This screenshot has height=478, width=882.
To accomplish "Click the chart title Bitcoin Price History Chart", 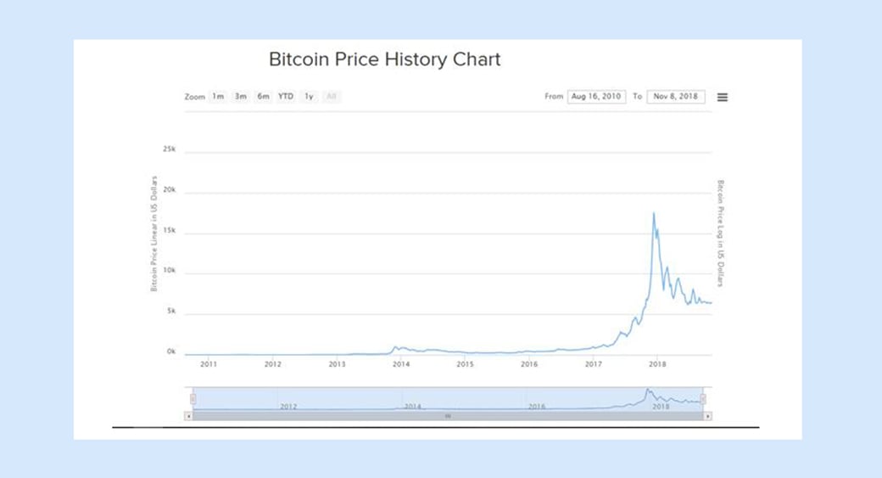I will (384, 60).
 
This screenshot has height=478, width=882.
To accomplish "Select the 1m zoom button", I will (218, 97).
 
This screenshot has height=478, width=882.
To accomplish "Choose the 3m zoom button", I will (241, 97).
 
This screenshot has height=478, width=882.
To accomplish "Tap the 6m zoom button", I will (264, 97).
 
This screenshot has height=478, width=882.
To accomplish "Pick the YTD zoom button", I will (286, 97).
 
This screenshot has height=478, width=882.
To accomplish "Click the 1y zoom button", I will (310, 97).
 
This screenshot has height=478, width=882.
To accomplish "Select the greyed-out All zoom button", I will (332, 97).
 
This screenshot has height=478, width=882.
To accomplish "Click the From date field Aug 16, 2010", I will (595, 97).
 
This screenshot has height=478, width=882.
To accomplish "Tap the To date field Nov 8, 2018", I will (676, 97).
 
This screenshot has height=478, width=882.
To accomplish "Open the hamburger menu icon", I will (723, 97).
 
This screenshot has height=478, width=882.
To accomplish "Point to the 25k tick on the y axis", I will (169, 149).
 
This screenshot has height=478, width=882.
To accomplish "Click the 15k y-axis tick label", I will (169, 231).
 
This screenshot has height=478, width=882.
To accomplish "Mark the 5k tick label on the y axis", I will (170, 312).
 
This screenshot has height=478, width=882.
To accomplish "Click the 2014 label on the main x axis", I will (401, 364).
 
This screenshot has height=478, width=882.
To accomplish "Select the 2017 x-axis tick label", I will (593, 364).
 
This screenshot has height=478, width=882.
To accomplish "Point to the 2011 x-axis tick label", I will (209, 364).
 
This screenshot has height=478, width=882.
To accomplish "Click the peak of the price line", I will (653, 213).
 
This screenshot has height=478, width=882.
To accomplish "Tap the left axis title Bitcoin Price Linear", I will (154, 235).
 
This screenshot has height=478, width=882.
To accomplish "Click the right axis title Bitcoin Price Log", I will (721, 233).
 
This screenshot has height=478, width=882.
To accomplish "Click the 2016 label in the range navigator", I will (536, 407).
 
